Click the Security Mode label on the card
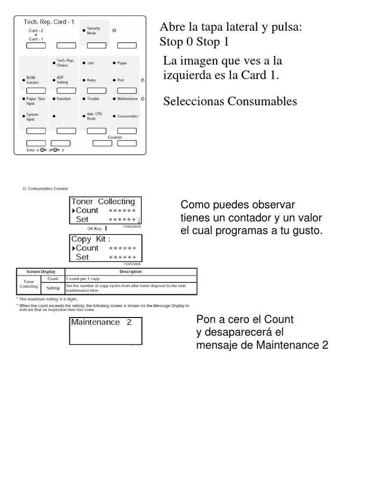click(x=93, y=31)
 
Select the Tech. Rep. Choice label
click(x=65, y=63)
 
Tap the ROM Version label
click(x=32, y=80)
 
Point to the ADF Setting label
click(x=62, y=80)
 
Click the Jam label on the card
click(x=90, y=63)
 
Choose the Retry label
click(x=91, y=80)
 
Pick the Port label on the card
click(x=121, y=80)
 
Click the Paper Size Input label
click(x=35, y=101)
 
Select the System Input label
click(x=32, y=117)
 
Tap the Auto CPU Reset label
click(x=94, y=116)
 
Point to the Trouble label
click(x=93, y=99)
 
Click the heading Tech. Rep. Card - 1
click(x=49, y=22)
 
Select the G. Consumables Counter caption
click(x=45, y=188)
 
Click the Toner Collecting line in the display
click(x=103, y=202)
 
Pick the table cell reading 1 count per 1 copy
click(x=83, y=279)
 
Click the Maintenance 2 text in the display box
click(x=101, y=322)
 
